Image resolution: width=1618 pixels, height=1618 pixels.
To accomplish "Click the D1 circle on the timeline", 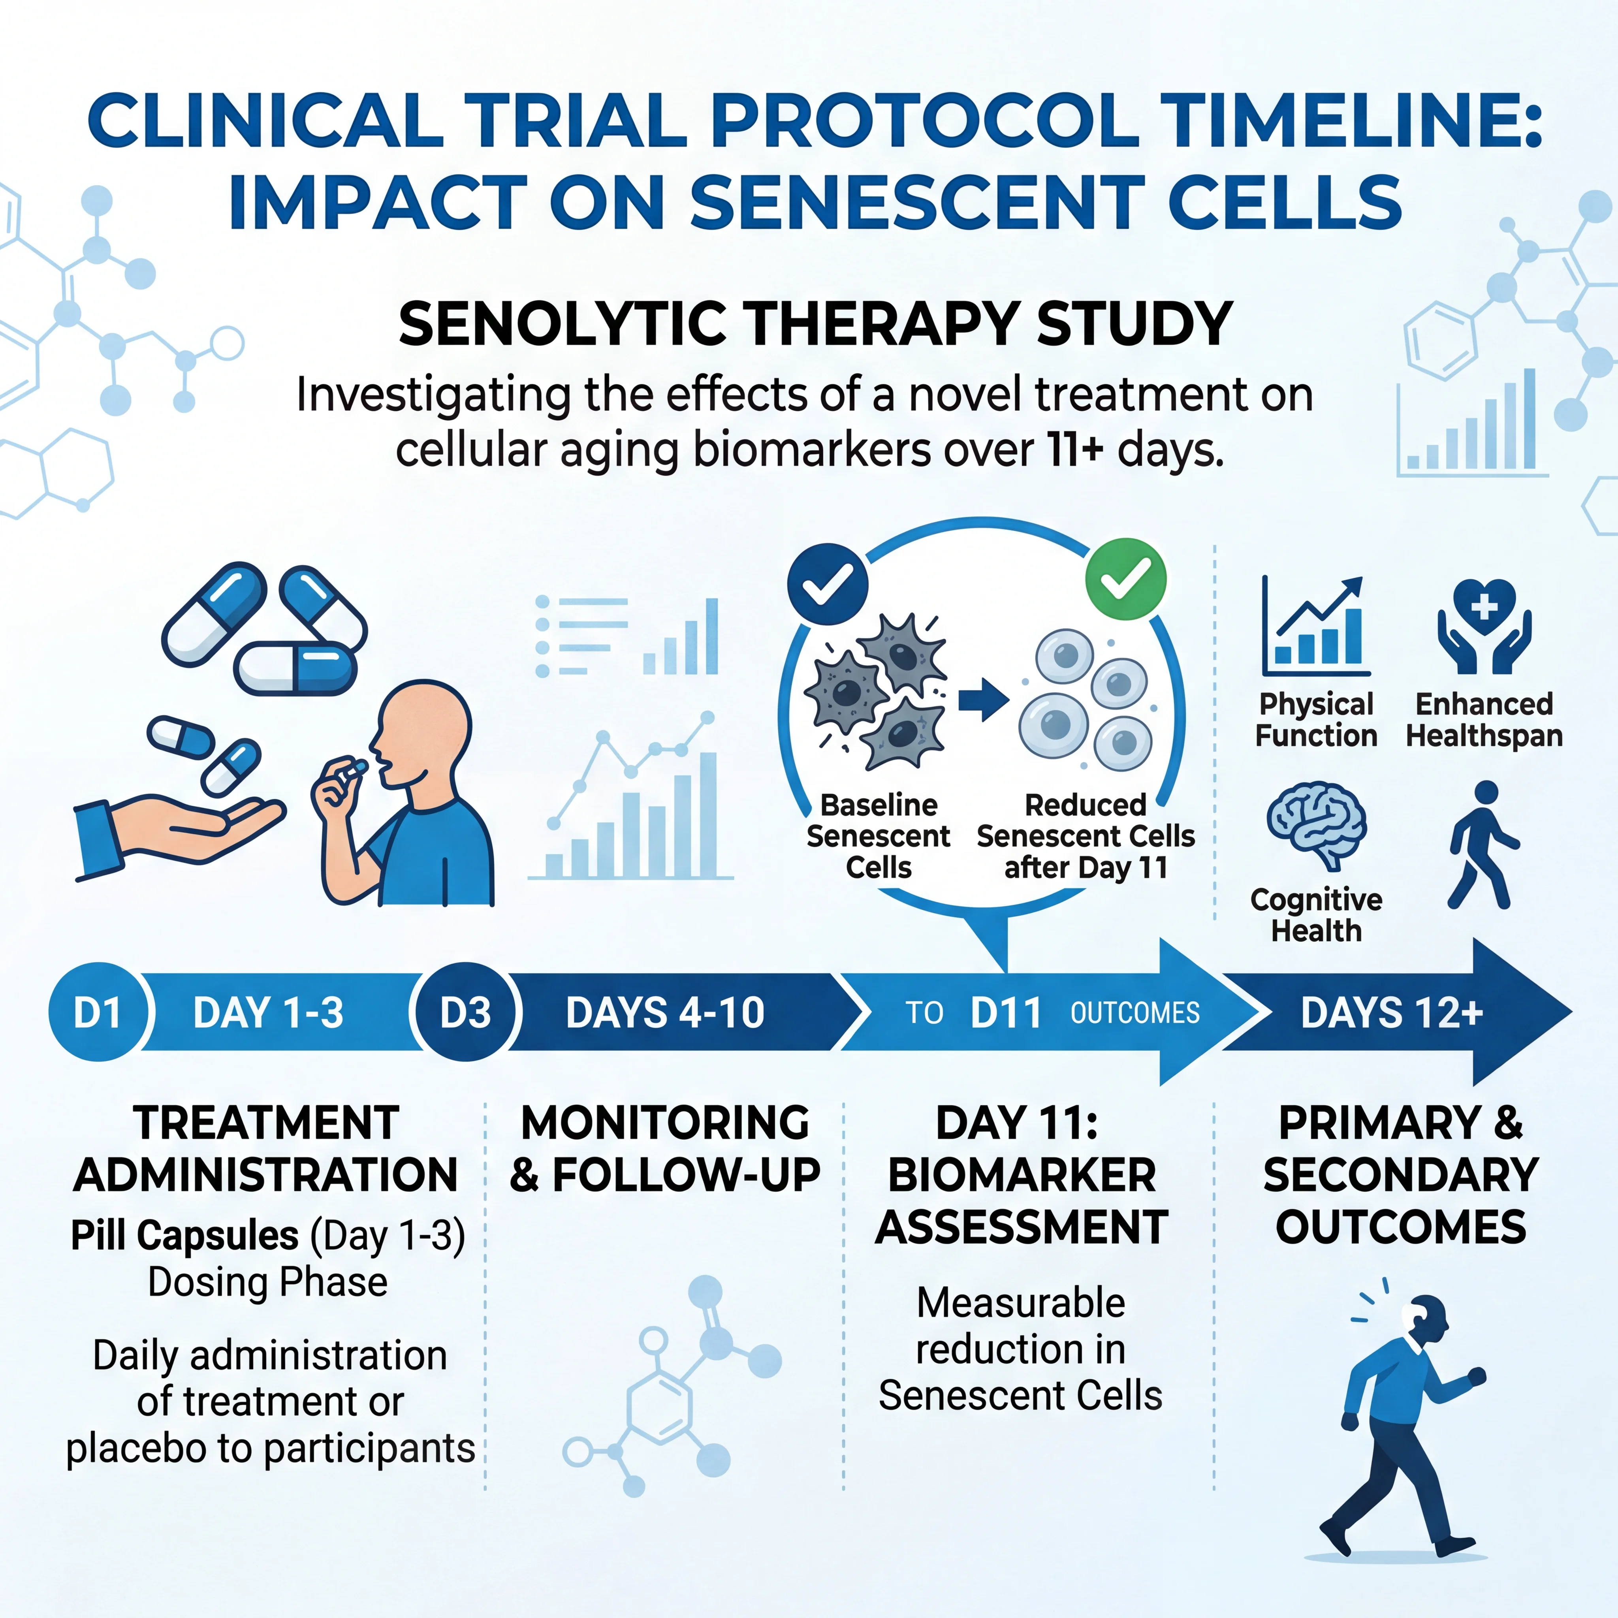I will pos(98,1012).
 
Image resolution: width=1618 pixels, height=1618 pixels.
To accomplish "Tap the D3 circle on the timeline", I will pos(466,1012).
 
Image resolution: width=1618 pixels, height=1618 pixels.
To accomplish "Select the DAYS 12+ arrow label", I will pos(1392,1012).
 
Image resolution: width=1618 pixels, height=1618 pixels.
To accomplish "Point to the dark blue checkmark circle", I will pos(828,584).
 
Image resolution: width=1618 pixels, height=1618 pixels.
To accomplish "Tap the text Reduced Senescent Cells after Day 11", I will pos(1086,836).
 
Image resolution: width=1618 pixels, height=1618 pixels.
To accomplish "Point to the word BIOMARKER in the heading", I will pos(1022,1175).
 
